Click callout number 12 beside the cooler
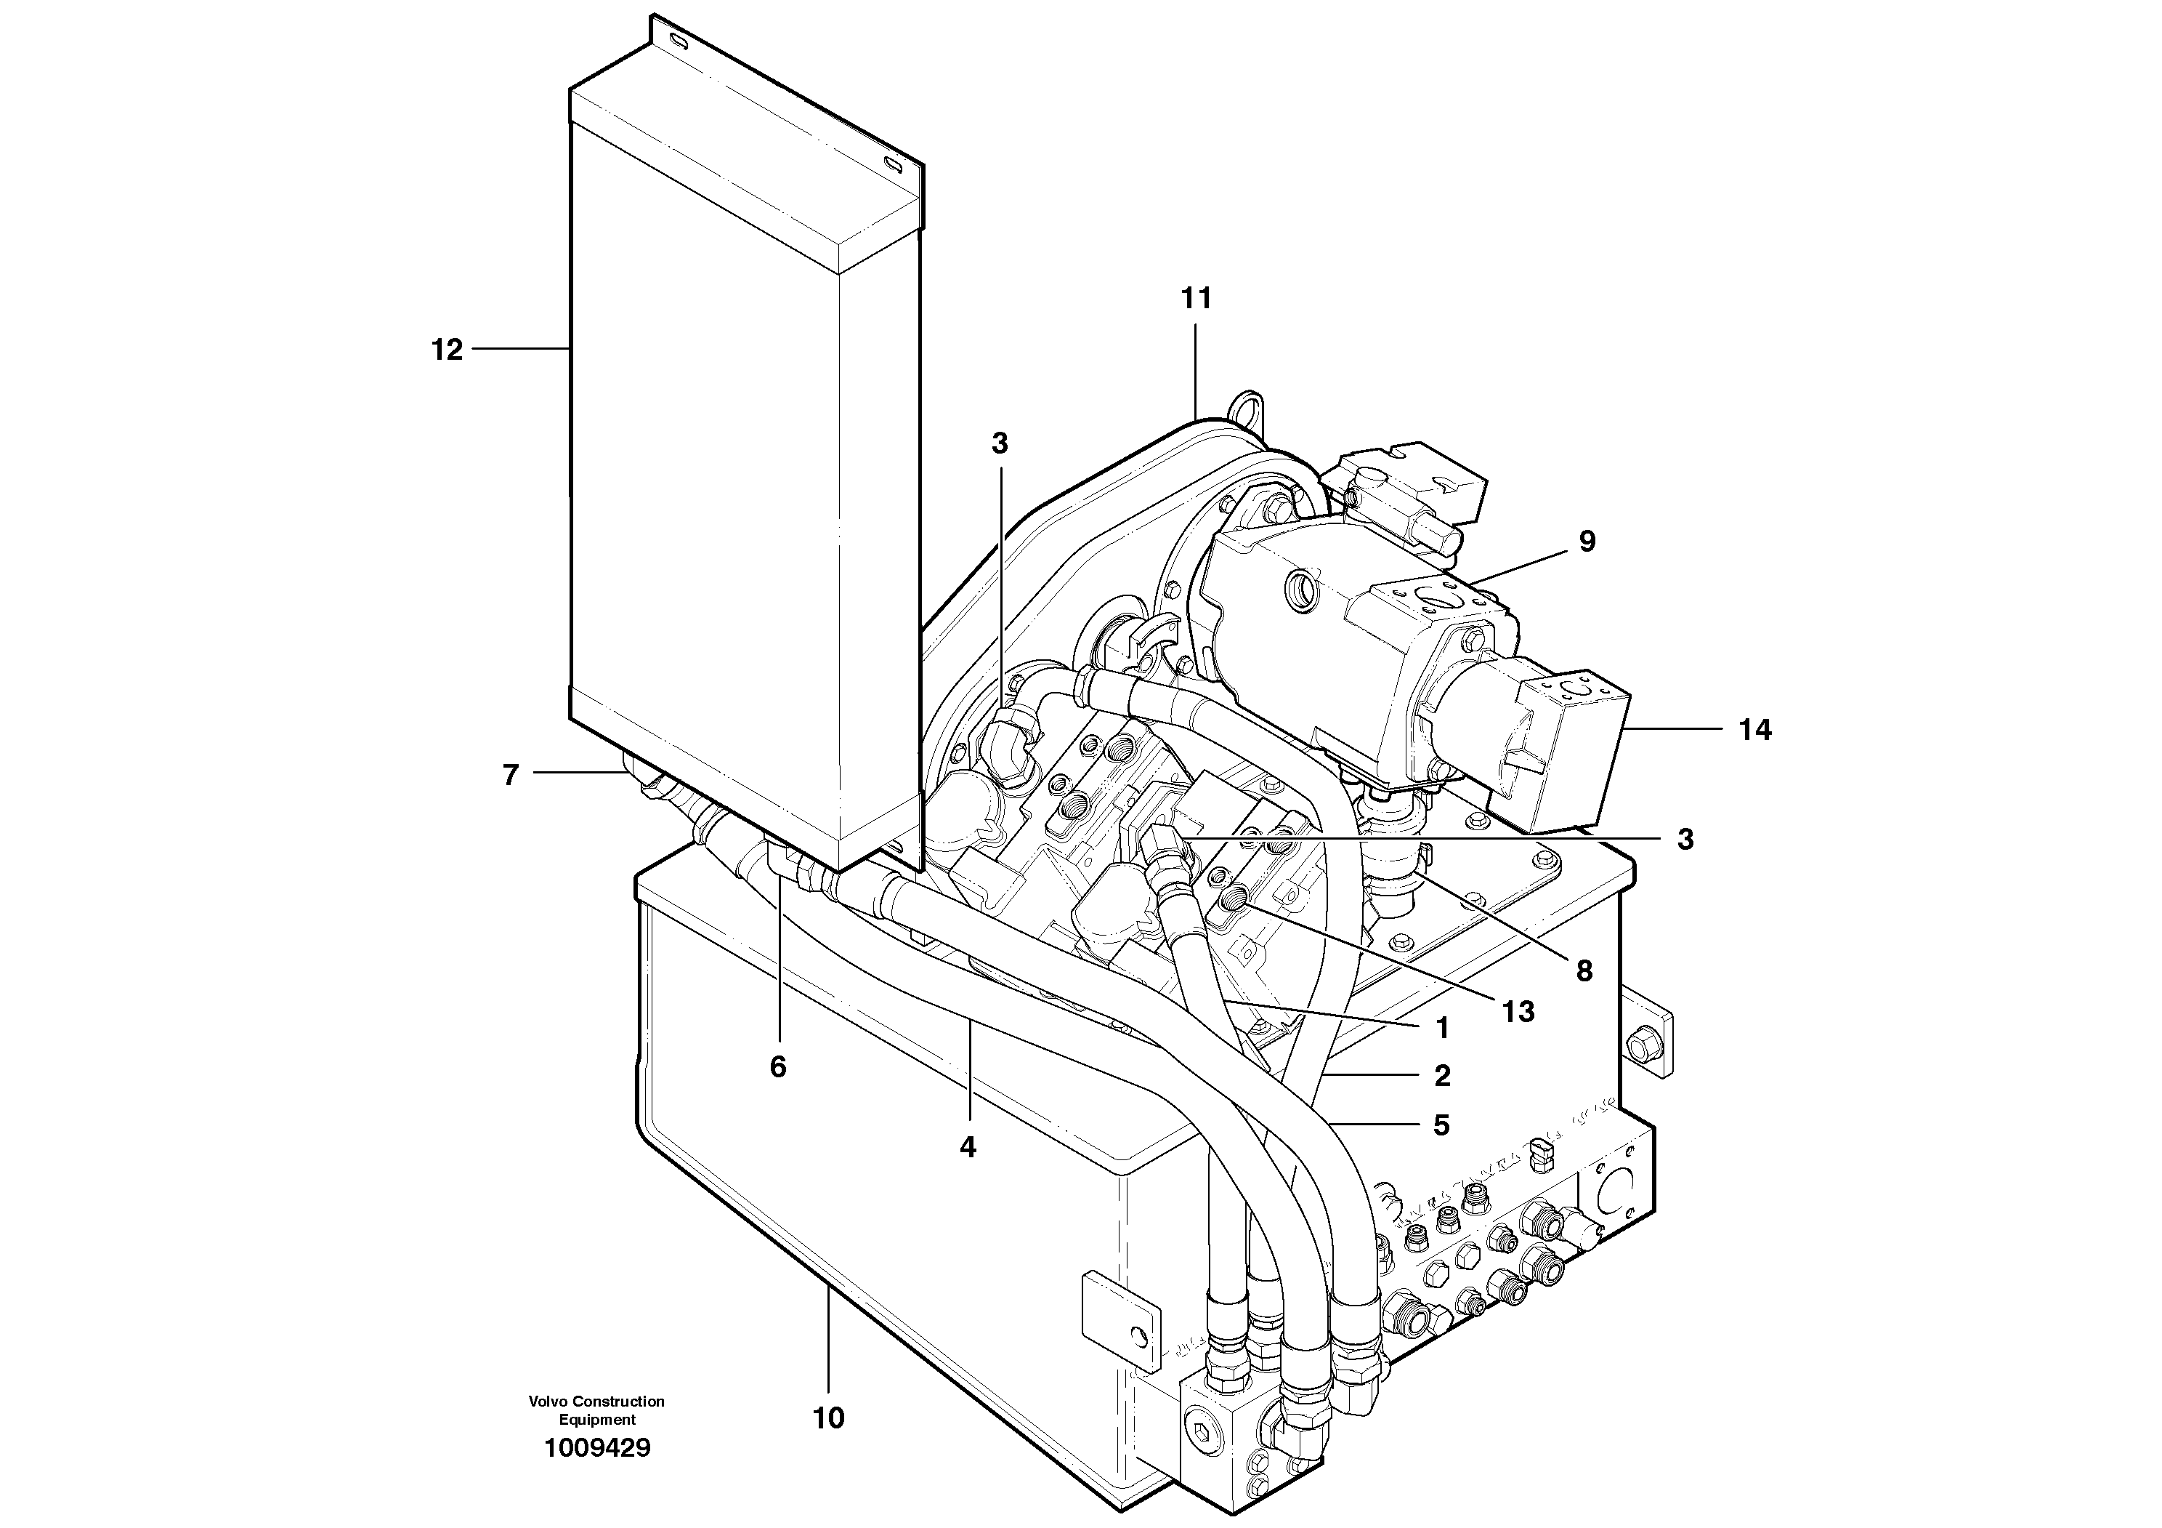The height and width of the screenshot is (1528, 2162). [x=448, y=350]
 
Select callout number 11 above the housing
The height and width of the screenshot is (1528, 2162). [x=1196, y=299]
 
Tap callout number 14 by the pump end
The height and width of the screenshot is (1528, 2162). [x=1754, y=730]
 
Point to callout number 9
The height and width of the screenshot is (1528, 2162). [x=1587, y=542]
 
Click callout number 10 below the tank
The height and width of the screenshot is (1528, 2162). [x=829, y=1418]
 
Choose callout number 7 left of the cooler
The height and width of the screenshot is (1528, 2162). [x=511, y=776]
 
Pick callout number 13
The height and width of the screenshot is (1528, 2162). [x=1518, y=1012]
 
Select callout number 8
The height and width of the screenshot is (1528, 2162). [x=1584, y=971]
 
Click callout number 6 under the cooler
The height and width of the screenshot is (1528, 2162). [x=778, y=1067]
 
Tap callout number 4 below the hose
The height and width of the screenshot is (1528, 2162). [x=968, y=1147]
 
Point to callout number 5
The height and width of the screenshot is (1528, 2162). [x=1441, y=1125]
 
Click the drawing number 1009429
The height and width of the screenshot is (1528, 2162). [x=597, y=1449]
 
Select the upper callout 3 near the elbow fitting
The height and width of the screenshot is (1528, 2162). [x=1000, y=443]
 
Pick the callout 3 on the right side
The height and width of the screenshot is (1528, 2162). [x=1685, y=840]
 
